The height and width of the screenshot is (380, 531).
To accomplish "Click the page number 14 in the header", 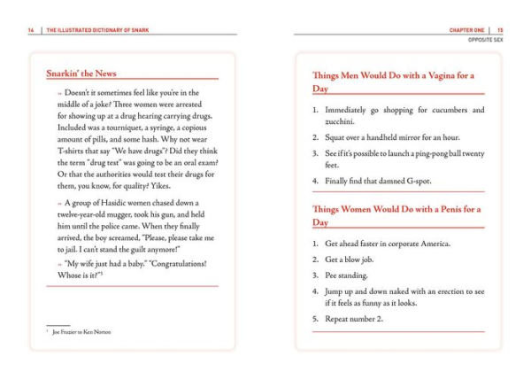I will tap(31, 30).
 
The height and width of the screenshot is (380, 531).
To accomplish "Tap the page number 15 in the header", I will tap(500, 30).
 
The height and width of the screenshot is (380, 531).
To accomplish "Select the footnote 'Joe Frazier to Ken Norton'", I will tap(81, 332).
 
